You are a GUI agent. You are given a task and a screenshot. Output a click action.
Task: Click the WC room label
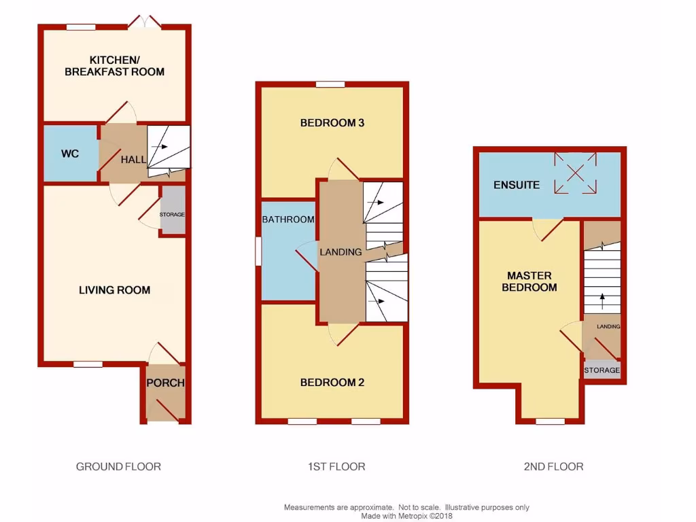point(70,154)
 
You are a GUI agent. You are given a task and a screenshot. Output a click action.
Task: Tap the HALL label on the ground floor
point(133,160)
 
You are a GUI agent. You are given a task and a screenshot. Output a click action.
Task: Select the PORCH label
point(166,383)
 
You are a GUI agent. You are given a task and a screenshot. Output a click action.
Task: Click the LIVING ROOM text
point(115,290)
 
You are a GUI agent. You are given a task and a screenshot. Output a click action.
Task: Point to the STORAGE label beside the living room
point(172,215)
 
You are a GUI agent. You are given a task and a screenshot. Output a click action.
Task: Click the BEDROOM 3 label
point(333,123)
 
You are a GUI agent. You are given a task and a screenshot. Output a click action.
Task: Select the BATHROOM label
point(288,220)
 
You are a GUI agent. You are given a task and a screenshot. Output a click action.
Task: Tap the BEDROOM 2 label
point(332,383)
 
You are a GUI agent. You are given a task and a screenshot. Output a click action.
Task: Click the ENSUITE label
point(517,185)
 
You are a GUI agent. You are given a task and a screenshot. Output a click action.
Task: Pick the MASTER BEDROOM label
point(529,281)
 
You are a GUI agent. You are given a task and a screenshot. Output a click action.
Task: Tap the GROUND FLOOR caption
point(118,466)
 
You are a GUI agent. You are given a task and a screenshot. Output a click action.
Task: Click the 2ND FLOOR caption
point(553,466)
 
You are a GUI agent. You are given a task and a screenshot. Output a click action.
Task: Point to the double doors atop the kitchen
point(144,23)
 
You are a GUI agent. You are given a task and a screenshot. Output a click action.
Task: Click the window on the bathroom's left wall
point(258,251)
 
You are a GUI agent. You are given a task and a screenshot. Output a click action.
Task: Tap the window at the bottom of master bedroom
point(550,421)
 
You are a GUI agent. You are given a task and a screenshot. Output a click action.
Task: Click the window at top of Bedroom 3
point(330,84)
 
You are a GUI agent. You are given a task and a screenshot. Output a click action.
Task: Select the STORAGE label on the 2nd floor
point(602,370)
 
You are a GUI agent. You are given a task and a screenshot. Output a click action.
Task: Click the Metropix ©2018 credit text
point(406,516)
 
